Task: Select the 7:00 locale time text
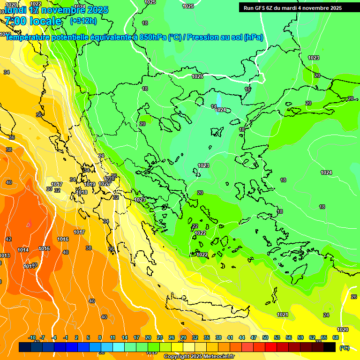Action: pos(33,21)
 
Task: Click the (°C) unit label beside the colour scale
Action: pos(344,348)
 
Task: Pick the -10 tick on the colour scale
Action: pos(32,337)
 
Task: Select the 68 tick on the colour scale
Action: pos(335,337)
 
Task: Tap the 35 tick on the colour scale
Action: pos(206,337)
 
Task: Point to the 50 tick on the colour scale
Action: pos(265,337)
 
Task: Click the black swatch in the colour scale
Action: pos(330,347)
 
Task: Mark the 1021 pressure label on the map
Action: pos(283,315)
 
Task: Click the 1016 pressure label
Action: pos(63,239)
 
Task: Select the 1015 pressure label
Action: pos(44,248)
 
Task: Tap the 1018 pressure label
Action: pos(82,192)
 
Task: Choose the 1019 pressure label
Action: pos(90,184)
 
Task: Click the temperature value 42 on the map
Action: pos(8,239)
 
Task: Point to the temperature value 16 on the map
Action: pos(247,89)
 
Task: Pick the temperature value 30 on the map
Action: pos(49,189)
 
